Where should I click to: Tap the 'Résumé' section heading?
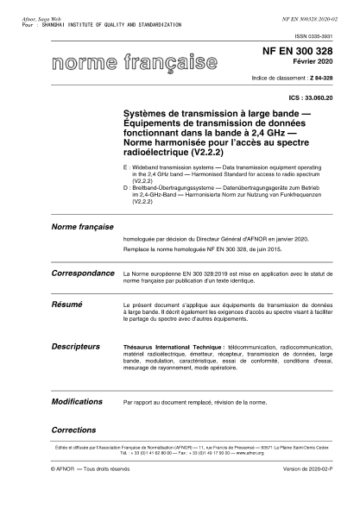coord(66,305)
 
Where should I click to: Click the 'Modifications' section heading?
coord(78,401)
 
